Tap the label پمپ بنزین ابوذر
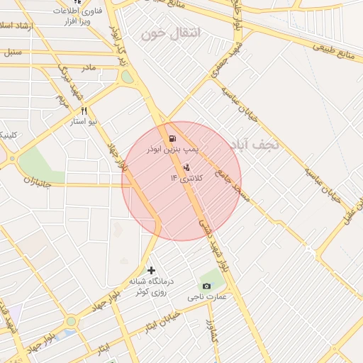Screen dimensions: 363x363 point(174,150)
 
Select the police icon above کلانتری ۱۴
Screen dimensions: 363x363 point(186,167)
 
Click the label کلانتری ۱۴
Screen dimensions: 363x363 point(186,178)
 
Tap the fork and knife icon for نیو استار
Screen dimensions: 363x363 point(84,111)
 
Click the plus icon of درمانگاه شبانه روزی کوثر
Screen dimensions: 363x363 point(150,270)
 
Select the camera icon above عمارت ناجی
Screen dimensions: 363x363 point(206,285)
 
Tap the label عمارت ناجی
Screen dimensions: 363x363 point(207,296)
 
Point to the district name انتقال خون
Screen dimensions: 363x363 point(172,33)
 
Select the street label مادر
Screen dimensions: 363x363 point(87,67)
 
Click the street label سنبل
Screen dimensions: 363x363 point(13,52)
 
